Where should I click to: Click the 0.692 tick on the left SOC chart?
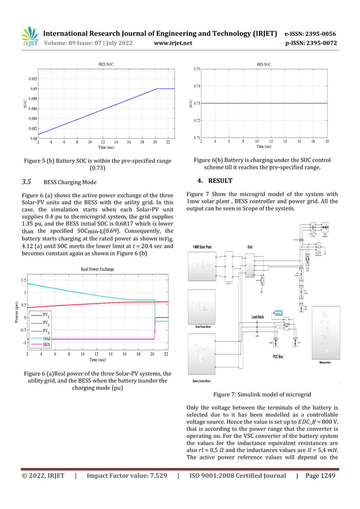tap(33, 79)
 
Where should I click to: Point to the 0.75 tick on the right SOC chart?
tap(196, 69)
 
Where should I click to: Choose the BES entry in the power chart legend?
tap(46, 344)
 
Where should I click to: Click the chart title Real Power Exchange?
tap(98, 269)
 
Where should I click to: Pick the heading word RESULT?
tap(219, 181)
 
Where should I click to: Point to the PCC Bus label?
tap(282, 357)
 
